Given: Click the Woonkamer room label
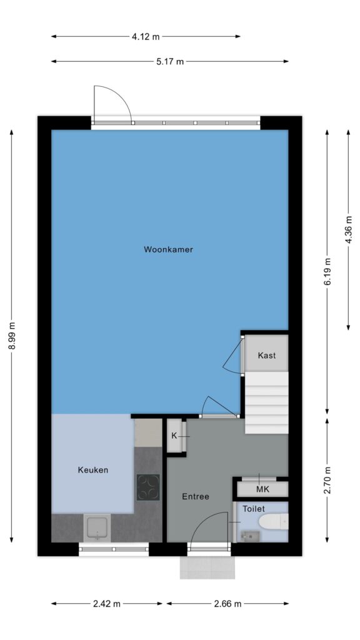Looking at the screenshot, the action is pyautogui.click(x=168, y=249).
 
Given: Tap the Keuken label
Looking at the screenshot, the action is pyautogui.click(x=93, y=470).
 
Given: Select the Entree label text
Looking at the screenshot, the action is pyautogui.click(x=196, y=496).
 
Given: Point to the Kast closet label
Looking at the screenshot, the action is pyautogui.click(x=266, y=355).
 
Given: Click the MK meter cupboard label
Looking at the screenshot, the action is pyautogui.click(x=263, y=489).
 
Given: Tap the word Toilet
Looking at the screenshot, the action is pyautogui.click(x=254, y=509).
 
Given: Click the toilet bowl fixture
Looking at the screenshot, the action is pyautogui.click(x=274, y=522).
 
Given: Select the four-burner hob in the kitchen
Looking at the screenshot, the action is pyautogui.click(x=148, y=487).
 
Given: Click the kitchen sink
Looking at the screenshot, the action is pyautogui.click(x=97, y=527).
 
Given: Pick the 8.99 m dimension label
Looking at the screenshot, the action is pyautogui.click(x=12, y=336).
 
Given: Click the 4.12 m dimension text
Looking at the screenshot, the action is pyautogui.click(x=146, y=37).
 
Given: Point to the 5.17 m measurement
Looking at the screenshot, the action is pyautogui.click(x=170, y=62).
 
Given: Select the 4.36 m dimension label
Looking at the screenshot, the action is pyautogui.click(x=349, y=229).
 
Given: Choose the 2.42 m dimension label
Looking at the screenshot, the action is pyautogui.click(x=106, y=604).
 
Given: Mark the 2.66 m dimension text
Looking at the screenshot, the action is pyautogui.click(x=227, y=604).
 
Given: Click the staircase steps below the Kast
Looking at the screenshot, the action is pyautogui.click(x=266, y=403).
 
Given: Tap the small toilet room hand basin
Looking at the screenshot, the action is pyautogui.click(x=247, y=536).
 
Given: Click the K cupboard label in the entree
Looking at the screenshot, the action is pyautogui.click(x=174, y=436).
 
